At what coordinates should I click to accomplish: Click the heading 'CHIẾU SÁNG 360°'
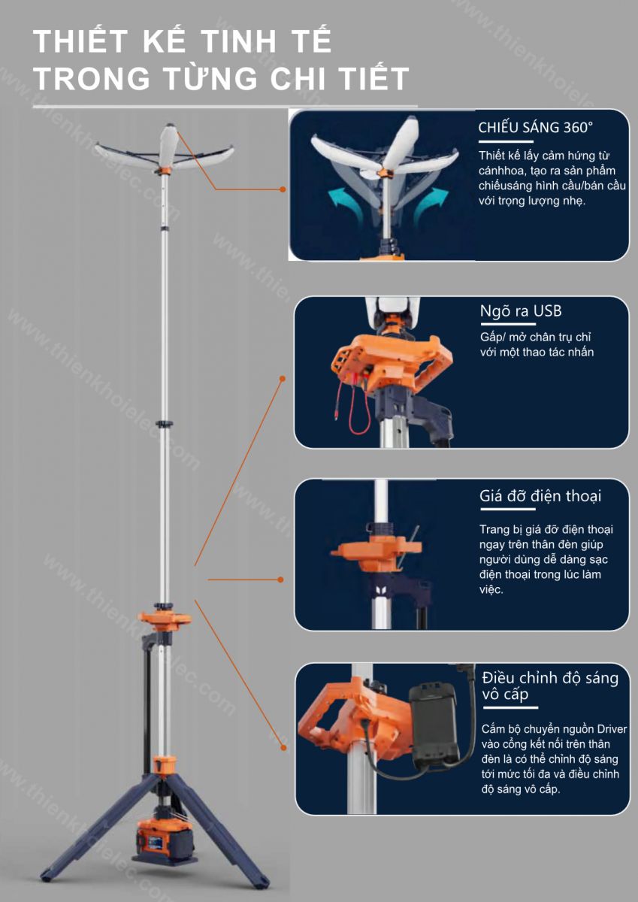pos(535,128)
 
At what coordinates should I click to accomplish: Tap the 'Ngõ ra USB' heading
pos(521,311)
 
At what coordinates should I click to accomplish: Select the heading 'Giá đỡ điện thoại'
pos(540,496)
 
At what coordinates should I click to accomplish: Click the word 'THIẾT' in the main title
pos(80,41)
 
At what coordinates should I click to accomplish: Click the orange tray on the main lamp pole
pos(165,619)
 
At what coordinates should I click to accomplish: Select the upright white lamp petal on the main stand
pos(168,144)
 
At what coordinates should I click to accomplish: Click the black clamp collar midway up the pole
pos(165,424)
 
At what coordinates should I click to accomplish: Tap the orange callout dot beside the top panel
pos(283,189)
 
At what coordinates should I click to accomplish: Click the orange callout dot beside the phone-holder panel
pos(281,580)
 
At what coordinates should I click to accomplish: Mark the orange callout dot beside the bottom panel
pos(283,748)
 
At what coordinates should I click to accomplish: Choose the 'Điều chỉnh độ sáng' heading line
pos(550,679)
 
